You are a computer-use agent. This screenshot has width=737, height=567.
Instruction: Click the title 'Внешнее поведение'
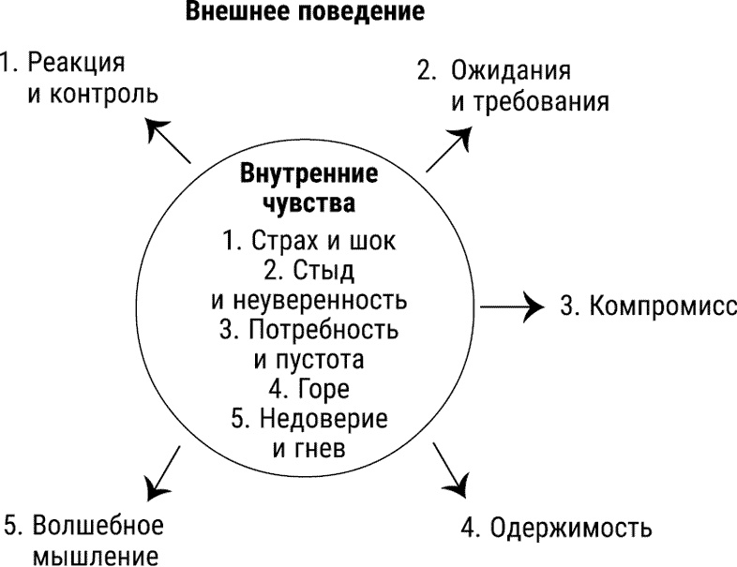[x=305, y=14]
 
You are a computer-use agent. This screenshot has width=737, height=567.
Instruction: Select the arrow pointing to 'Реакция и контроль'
[x=170, y=140]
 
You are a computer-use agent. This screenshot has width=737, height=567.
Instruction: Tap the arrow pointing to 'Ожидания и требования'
[x=449, y=149]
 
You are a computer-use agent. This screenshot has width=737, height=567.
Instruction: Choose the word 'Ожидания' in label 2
[x=511, y=71]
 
